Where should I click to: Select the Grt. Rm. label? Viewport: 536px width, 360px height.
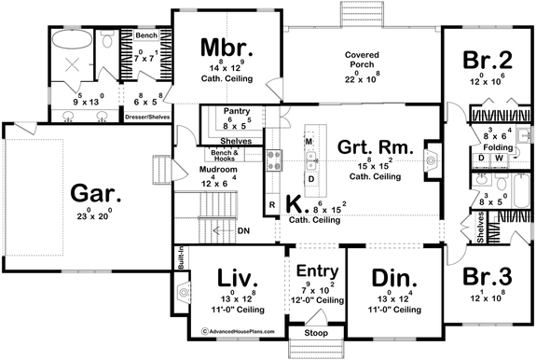click(x=371, y=145)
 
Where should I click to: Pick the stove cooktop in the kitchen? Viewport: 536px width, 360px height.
click(x=275, y=160)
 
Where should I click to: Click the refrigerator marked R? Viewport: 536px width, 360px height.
click(x=271, y=203)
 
